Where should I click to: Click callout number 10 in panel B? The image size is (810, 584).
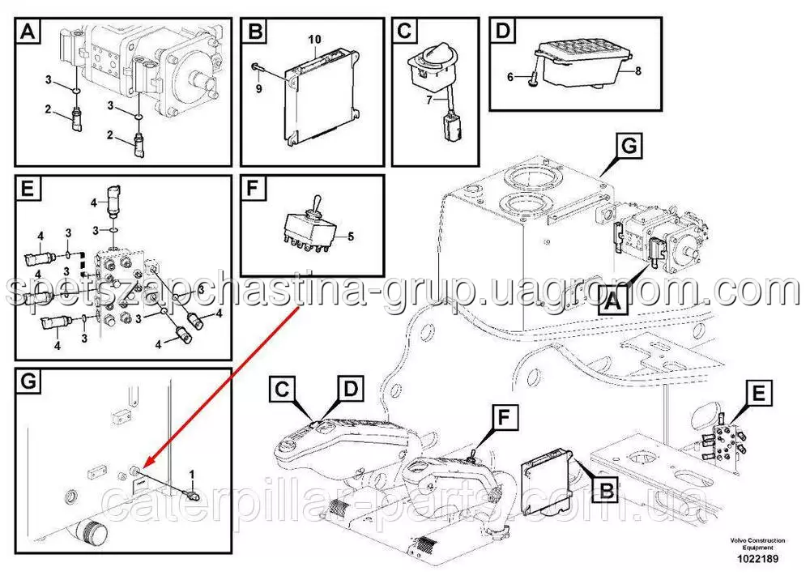coord(314,39)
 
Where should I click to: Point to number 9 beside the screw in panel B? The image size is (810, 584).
coord(259,89)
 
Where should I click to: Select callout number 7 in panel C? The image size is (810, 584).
coord(429,100)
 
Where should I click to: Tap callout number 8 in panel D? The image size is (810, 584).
coord(638,70)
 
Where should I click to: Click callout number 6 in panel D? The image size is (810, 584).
coord(510,77)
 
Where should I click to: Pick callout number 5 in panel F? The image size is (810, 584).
coord(351,237)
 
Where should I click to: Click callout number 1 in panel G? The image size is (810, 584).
coord(192,474)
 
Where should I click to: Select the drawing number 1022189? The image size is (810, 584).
coord(757,559)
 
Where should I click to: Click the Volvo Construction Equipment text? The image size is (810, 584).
coord(757,544)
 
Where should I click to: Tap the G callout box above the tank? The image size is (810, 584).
coord(629,146)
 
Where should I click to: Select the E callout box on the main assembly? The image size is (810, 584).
coord(758,394)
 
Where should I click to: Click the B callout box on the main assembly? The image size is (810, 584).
coord(607,488)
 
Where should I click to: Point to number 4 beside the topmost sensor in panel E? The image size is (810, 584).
coord(93,203)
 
